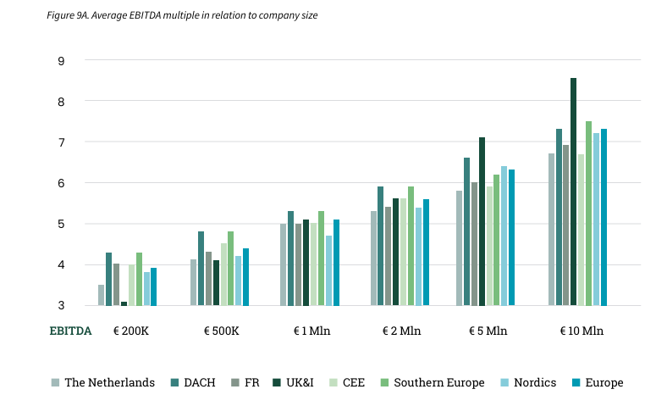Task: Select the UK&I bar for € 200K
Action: (124, 303)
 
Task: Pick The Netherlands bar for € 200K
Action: (102, 295)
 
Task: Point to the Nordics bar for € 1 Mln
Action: (328, 270)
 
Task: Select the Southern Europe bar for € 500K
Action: (230, 268)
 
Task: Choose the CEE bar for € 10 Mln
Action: (582, 230)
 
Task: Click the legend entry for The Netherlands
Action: (102, 382)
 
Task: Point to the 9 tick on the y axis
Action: (62, 60)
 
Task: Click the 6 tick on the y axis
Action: (62, 183)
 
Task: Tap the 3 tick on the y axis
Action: (62, 306)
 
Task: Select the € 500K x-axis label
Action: (222, 331)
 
